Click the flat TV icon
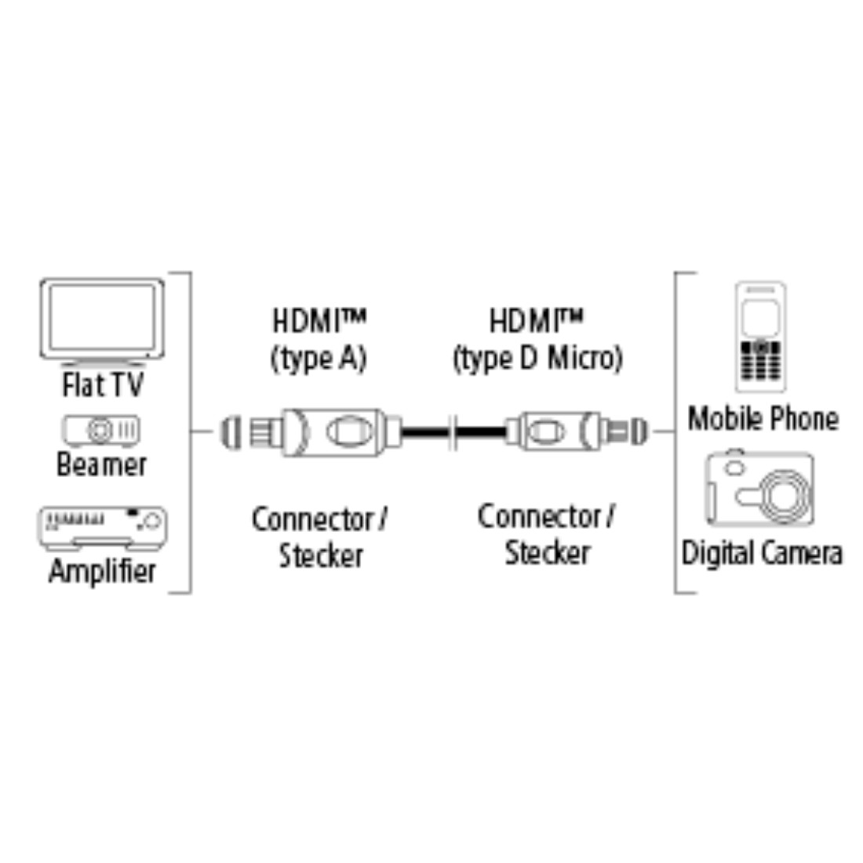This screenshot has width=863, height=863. point(102,322)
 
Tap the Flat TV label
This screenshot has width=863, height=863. point(103,384)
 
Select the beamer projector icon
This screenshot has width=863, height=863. point(101,431)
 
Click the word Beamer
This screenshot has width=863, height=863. point(102,464)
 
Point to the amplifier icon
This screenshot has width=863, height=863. point(102,528)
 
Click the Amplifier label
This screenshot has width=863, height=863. point(102,570)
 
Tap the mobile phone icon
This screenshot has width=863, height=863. point(761,337)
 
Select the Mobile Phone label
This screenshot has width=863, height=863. point(763,418)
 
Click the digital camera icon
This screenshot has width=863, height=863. point(760,488)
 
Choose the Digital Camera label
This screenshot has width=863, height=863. point(762,552)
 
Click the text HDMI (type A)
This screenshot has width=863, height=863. point(319,340)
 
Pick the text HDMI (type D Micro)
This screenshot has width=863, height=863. point(537,340)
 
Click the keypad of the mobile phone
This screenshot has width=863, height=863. point(761,362)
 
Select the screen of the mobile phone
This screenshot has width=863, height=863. point(761,318)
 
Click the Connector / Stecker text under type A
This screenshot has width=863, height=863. point(320,537)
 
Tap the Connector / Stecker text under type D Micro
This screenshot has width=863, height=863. point(547,534)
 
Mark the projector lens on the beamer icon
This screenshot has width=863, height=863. point(100,431)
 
